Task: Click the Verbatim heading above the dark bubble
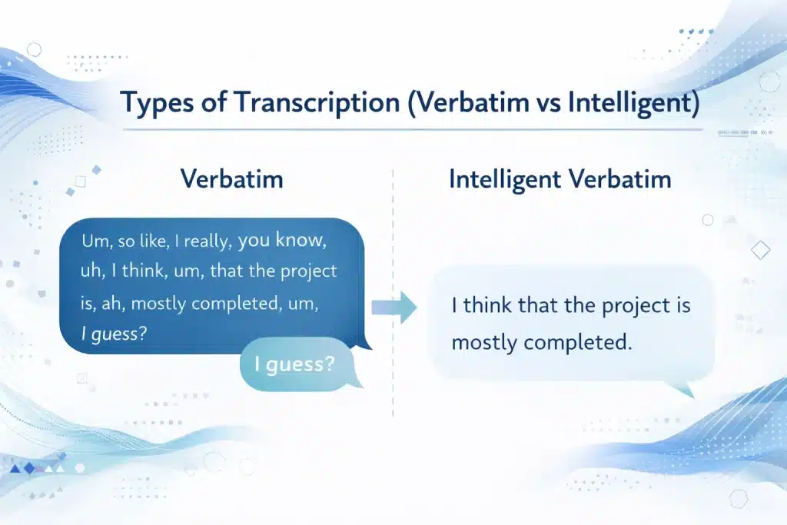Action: [232, 179]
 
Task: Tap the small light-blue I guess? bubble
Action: [301, 364]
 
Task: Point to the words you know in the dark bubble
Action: [283, 241]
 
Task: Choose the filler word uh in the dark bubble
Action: [91, 272]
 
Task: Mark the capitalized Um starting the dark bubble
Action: [95, 241]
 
